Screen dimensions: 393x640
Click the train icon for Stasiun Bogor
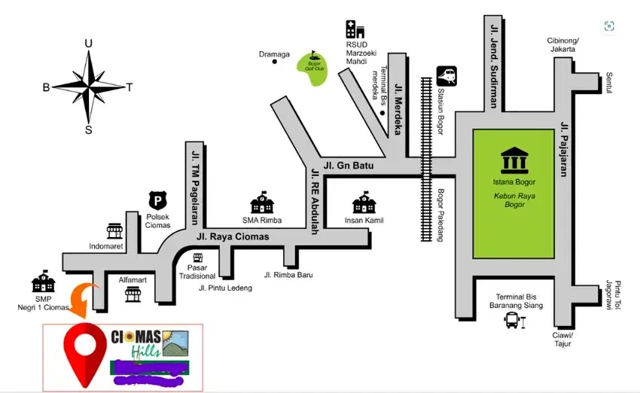pos(446,76)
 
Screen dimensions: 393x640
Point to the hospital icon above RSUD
pos(355,29)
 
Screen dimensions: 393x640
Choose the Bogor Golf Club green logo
pos(310,59)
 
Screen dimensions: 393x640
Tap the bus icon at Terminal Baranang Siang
pos(513,321)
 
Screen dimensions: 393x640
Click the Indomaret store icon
pos(114,230)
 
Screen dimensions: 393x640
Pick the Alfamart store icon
pos(133,294)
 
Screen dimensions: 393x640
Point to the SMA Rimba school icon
pos(261,202)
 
